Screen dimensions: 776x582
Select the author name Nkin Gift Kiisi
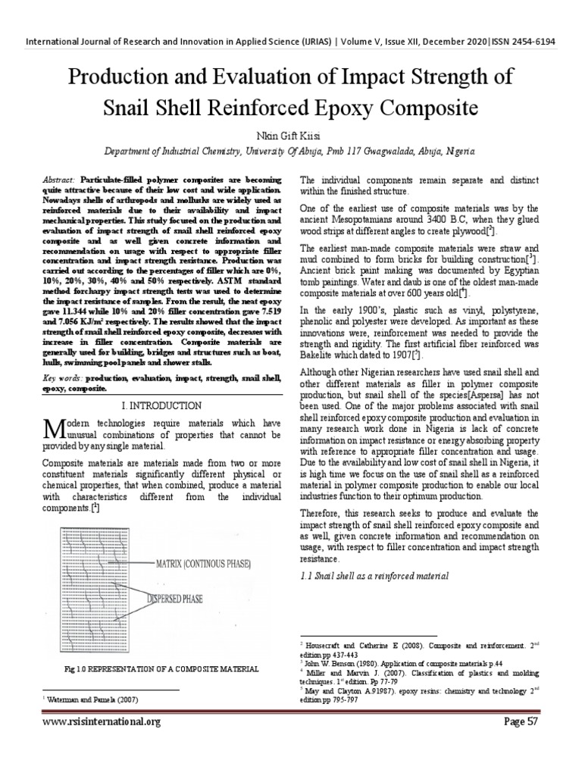tap(290, 134)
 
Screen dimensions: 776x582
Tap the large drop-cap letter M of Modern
tap(52, 430)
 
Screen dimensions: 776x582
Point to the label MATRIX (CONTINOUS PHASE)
tap(205, 565)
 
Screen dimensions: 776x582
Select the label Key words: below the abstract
tap(63, 377)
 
